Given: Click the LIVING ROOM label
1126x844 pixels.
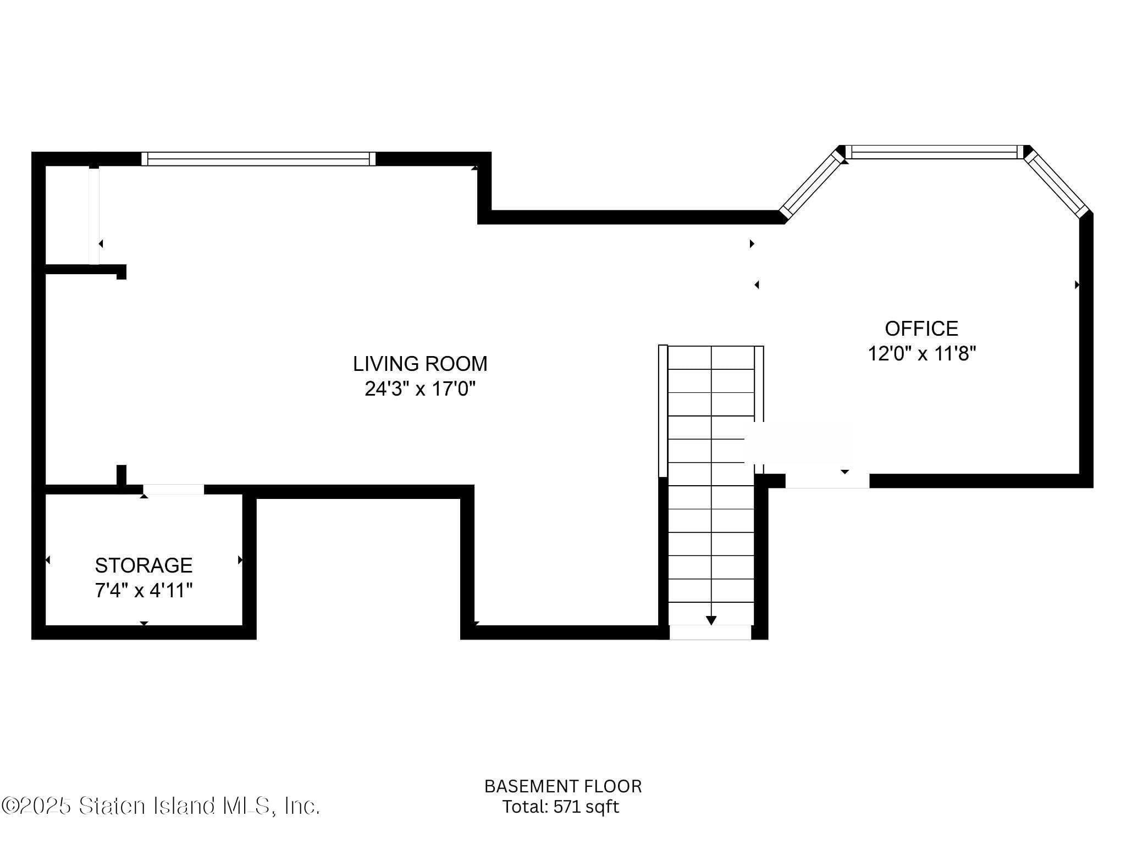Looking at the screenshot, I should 420,364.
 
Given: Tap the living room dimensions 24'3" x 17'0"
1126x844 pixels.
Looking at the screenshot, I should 420,389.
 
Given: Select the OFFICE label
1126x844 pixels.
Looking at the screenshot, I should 921,329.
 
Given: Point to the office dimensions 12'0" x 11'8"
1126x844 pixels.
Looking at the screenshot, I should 921,353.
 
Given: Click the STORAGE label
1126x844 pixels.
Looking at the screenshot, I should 143,565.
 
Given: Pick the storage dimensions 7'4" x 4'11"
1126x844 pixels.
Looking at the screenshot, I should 143,591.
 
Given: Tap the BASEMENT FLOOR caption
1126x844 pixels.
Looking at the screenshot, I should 562,786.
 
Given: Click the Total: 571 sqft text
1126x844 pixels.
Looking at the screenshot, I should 560,807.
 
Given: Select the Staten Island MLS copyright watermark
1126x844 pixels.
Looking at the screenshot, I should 160,806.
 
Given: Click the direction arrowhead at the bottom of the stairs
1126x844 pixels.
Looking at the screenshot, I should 711,620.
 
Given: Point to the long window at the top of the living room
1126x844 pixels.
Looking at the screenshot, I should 258,159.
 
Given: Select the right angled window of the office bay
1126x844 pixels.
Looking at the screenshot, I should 1057,184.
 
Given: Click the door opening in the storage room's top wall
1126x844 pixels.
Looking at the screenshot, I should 173,489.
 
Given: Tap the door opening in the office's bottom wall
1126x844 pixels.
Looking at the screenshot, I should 827,481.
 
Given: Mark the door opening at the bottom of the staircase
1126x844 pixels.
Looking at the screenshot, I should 710,632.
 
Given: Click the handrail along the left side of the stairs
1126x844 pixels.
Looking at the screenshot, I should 663,410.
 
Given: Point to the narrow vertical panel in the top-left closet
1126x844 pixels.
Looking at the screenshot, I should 94,215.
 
